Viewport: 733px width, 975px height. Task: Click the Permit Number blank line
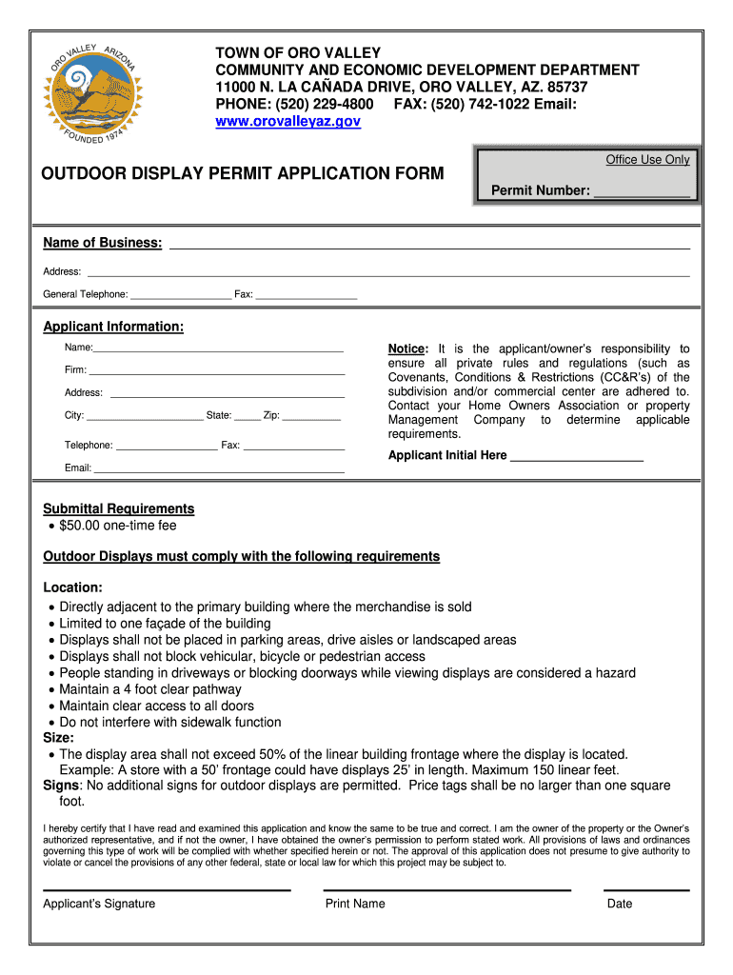point(641,194)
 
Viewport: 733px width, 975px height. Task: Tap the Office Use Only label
point(647,160)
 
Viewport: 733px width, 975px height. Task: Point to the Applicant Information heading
point(113,327)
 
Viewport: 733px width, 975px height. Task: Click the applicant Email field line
point(219,471)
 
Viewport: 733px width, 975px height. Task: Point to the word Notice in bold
point(408,348)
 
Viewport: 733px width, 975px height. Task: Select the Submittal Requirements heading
point(119,508)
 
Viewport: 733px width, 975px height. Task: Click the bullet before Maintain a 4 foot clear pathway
point(50,689)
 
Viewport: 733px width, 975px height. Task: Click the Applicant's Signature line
point(167,889)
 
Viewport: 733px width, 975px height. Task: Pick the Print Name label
point(355,904)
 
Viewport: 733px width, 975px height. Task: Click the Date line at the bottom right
point(647,889)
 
